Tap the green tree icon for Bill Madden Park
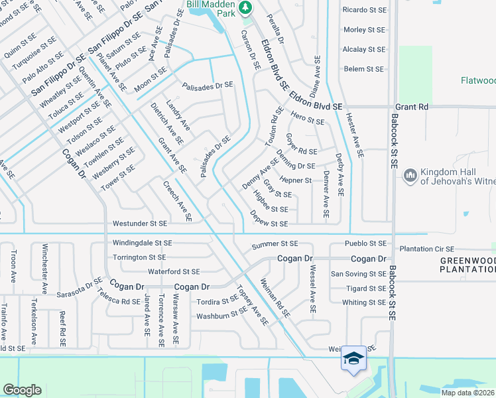click(246, 7)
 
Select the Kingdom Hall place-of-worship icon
click(410, 175)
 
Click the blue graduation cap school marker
click(353, 359)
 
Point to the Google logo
click(22, 390)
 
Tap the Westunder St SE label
click(140, 224)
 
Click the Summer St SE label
click(275, 245)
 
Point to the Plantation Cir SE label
click(430, 249)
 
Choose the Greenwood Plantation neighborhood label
click(468, 265)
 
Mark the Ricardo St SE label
click(364, 10)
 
